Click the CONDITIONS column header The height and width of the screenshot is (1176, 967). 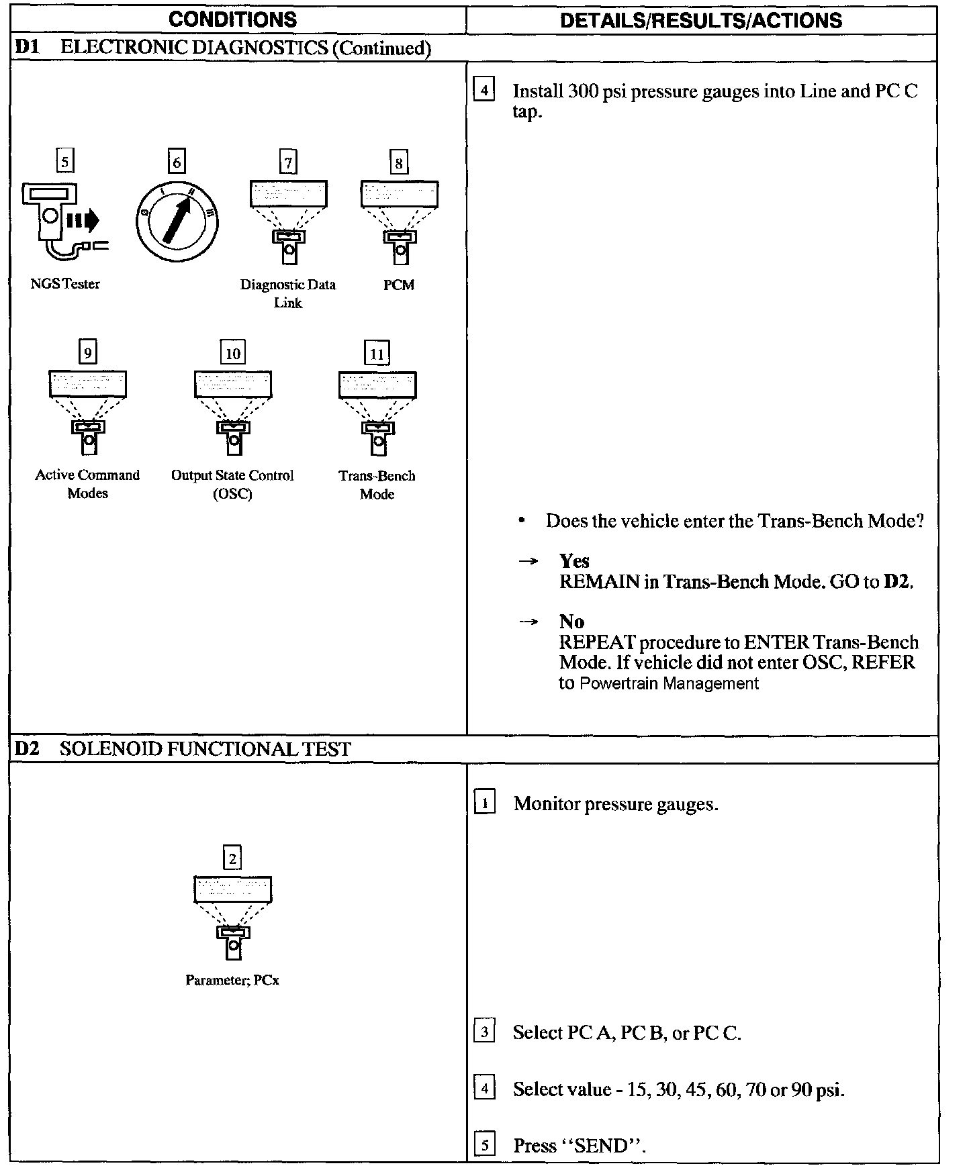click(232, 19)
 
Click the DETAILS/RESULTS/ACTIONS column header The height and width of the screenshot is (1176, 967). click(700, 20)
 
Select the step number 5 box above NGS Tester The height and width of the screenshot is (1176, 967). click(64, 162)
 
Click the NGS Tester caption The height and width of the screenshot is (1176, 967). click(65, 284)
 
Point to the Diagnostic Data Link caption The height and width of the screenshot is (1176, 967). click(288, 293)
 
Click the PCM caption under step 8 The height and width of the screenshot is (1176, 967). click(399, 285)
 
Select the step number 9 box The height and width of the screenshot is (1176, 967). click(88, 352)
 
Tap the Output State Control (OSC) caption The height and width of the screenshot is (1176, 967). click(232, 484)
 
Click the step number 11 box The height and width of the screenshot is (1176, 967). click(377, 353)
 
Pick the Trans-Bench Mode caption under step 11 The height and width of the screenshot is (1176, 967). click(377, 485)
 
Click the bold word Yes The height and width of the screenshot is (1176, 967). click(574, 560)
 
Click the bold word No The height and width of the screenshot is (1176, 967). click(571, 621)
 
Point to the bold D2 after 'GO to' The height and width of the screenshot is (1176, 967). click(896, 581)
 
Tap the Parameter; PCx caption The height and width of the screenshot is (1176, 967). click(232, 980)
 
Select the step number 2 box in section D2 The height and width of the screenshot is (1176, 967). click(232, 858)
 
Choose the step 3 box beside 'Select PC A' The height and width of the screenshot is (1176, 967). click(484, 1031)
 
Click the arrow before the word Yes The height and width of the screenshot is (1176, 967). click(528, 561)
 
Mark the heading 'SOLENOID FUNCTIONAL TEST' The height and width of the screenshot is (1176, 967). click(205, 749)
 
